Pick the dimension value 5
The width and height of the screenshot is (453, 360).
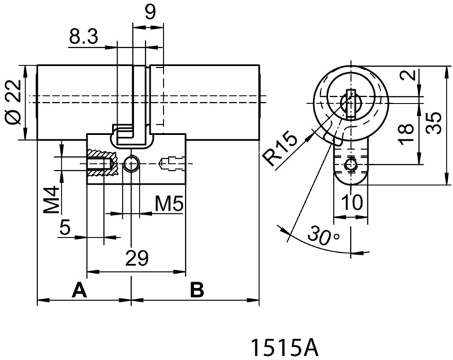(x=65, y=228)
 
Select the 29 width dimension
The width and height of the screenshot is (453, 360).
(x=136, y=258)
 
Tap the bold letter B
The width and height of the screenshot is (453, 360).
(x=196, y=289)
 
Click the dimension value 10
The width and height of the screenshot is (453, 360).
(x=352, y=203)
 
